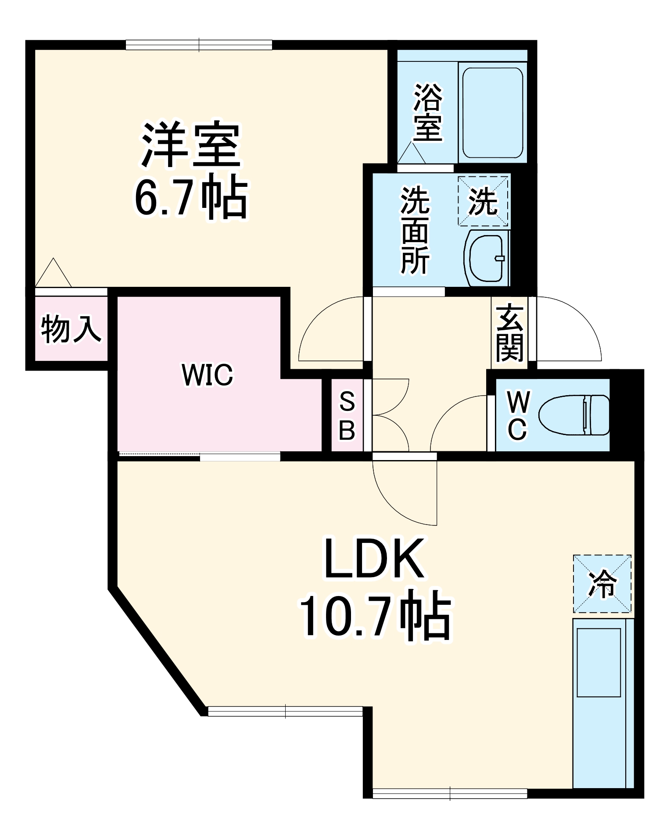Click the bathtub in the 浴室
click(x=492, y=113)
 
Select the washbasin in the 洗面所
click(x=486, y=258)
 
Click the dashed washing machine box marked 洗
click(x=483, y=201)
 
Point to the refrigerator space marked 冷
click(x=602, y=584)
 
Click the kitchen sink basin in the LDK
click(x=598, y=662)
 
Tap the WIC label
click(x=207, y=375)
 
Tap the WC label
click(x=517, y=415)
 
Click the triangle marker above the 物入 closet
click(x=53, y=274)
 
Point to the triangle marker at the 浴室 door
click(x=411, y=154)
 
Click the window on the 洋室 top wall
click(x=199, y=45)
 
